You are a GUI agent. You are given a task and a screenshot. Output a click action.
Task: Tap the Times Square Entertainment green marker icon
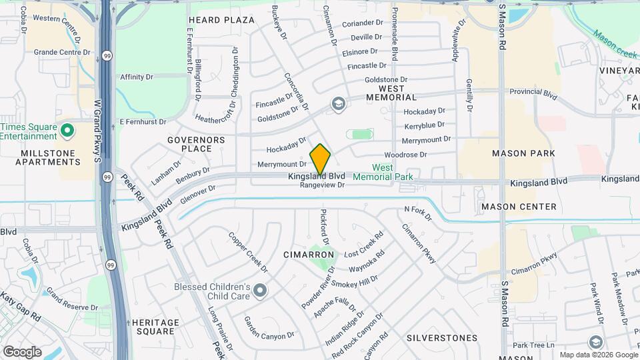(67, 130)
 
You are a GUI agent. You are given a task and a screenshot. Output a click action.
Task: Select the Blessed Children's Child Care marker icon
(259, 291)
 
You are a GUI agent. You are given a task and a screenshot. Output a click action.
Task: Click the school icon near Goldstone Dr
(339, 104)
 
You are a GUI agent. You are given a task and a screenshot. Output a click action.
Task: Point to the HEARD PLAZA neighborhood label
(221, 20)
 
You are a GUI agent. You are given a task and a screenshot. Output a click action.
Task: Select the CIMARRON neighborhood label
(308, 255)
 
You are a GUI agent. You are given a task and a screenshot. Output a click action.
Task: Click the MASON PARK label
(523, 153)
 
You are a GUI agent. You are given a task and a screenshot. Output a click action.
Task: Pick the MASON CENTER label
(519, 207)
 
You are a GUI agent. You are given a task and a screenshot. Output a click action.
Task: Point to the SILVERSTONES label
(441, 338)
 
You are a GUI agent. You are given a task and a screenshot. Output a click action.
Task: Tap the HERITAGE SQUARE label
(155, 327)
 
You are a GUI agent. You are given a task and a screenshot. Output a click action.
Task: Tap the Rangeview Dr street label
(323, 185)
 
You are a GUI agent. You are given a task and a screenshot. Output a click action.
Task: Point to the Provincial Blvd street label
(533, 95)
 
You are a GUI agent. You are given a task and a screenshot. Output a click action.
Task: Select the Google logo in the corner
(22, 351)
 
